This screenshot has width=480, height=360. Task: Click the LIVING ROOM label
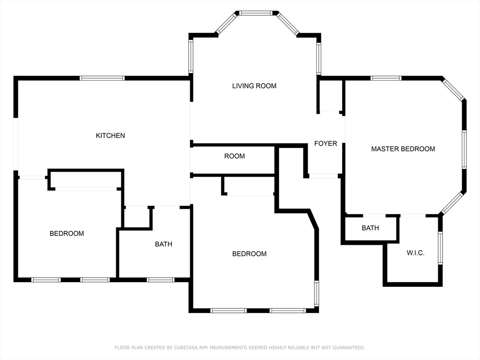point(254,86)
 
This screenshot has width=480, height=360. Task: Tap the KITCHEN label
point(110,135)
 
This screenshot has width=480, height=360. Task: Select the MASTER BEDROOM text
point(403,149)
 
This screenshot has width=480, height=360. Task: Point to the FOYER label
point(325,143)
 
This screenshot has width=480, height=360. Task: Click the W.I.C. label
point(415,253)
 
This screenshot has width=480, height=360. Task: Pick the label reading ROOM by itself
point(234,156)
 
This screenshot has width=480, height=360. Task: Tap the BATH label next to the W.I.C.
point(370,228)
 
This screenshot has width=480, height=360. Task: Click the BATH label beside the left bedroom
point(164,244)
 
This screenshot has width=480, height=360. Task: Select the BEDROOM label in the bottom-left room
point(67,233)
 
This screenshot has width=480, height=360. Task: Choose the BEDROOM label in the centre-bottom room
point(249,254)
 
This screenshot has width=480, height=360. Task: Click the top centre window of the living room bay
point(255,13)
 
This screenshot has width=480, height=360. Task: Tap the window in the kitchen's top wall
point(102,78)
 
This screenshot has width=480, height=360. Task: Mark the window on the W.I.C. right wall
point(440,248)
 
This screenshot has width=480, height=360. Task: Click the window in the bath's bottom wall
point(160,280)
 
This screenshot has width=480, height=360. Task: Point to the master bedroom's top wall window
point(386,78)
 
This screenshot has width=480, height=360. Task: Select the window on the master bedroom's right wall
point(464,150)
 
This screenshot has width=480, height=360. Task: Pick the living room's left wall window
point(191,56)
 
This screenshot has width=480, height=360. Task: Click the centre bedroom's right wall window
point(316,293)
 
